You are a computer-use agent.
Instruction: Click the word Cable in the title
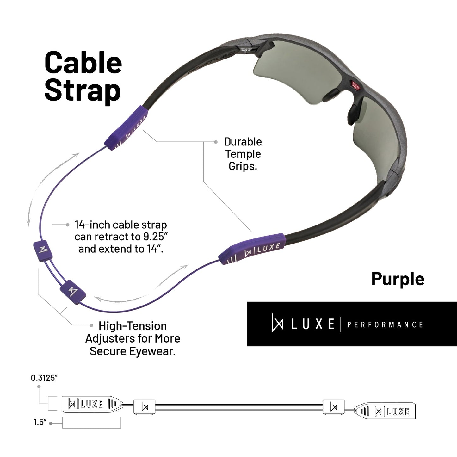click(x=83, y=63)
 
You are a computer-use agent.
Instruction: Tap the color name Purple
click(x=398, y=279)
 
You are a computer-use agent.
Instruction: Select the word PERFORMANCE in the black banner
click(x=385, y=325)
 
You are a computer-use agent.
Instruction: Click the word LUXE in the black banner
click(x=312, y=324)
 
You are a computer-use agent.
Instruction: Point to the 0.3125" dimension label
click(x=44, y=378)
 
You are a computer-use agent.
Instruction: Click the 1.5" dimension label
click(x=40, y=422)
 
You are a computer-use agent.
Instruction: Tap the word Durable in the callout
click(x=243, y=142)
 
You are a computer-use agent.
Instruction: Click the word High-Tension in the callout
click(x=133, y=326)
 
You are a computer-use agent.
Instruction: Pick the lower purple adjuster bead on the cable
click(x=73, y=291)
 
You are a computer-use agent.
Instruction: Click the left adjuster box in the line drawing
click(x=145, y=407)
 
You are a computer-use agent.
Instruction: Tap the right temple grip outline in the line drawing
click(x=385, y=411)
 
